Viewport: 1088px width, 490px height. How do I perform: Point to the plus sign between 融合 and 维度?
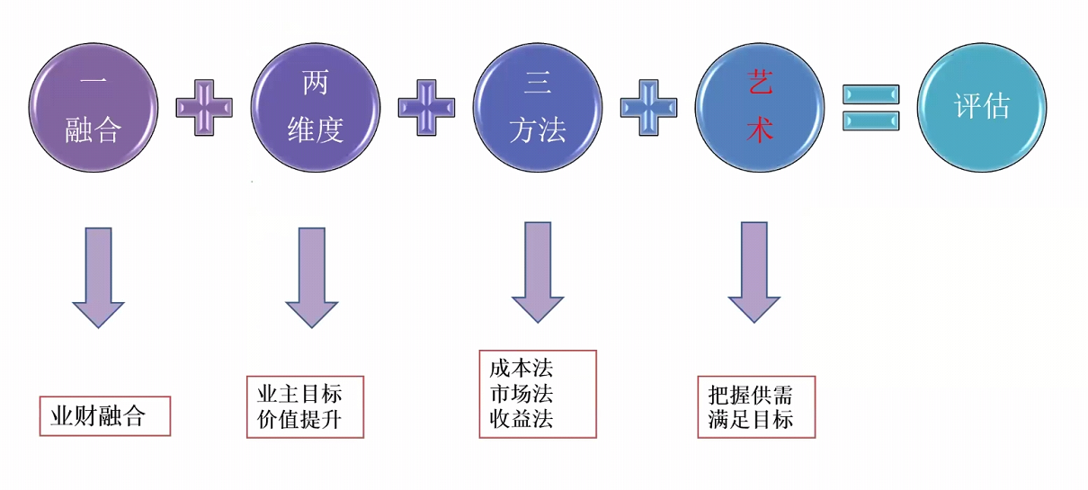[204, 106]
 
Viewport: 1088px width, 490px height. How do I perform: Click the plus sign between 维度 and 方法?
[426, 106]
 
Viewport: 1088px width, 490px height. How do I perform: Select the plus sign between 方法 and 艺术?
[648, 106]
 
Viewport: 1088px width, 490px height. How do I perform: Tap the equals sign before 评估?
[870, 107]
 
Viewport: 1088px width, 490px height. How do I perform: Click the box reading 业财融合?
[104, 416]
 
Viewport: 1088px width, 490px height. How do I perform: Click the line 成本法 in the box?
[522, 368]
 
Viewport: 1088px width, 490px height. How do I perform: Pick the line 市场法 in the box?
[522, 394]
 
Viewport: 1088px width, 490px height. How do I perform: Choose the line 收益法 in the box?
[522, 419]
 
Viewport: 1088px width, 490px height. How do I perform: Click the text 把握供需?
[751, 394]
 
